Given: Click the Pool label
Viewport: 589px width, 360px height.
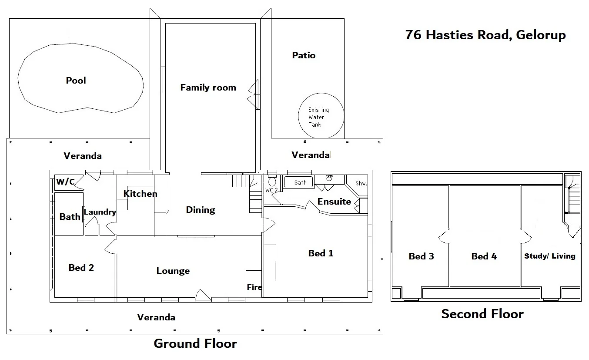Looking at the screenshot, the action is click(76, 80).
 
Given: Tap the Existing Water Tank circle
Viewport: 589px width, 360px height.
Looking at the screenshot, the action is click(299, 116).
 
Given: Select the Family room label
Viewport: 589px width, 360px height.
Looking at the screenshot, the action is click(208, 87).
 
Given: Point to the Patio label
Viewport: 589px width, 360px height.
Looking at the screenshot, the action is click(304, 55).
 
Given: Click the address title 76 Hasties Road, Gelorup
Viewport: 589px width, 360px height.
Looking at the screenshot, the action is click(485, 35).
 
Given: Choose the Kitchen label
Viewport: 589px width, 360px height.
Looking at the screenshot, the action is click(141, 194).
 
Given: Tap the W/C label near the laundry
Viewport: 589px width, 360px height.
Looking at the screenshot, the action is click(66, 182).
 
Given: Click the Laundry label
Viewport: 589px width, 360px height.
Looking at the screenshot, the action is click(100, 212).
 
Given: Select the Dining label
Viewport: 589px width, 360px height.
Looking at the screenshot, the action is click(201, 210).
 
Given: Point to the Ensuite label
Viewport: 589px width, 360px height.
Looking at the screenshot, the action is click(334, 202).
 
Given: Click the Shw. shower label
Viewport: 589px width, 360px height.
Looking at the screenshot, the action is click(361, 183).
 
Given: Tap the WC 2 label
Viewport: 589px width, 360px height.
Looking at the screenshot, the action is click(271, 190).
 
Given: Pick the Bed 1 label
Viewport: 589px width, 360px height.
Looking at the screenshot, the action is click(321, 253).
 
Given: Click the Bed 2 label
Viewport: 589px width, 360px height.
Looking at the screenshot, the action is click(81, 268).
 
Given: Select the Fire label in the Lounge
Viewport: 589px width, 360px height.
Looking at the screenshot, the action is click(254, 287).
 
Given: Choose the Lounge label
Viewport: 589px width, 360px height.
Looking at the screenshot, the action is click(173, 271).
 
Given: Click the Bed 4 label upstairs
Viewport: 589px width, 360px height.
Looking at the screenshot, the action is click(484, 256).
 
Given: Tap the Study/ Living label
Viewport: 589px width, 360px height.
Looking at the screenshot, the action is click(550, 256).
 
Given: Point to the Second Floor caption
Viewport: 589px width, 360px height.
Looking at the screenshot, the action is click(482, 314).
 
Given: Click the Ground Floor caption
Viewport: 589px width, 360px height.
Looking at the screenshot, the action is click(195, 343).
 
